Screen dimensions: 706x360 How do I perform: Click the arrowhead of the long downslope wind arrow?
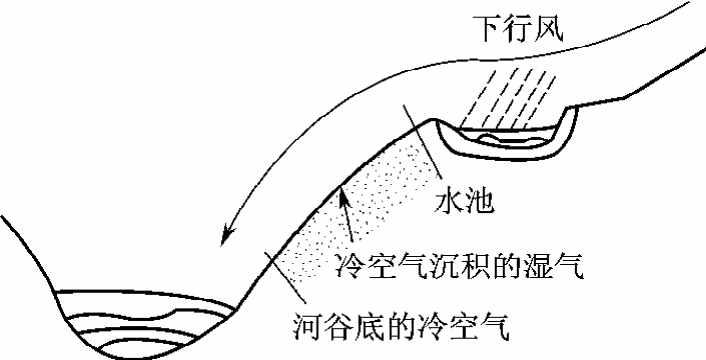[228, 236]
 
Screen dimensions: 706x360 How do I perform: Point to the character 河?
[311, 326]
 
